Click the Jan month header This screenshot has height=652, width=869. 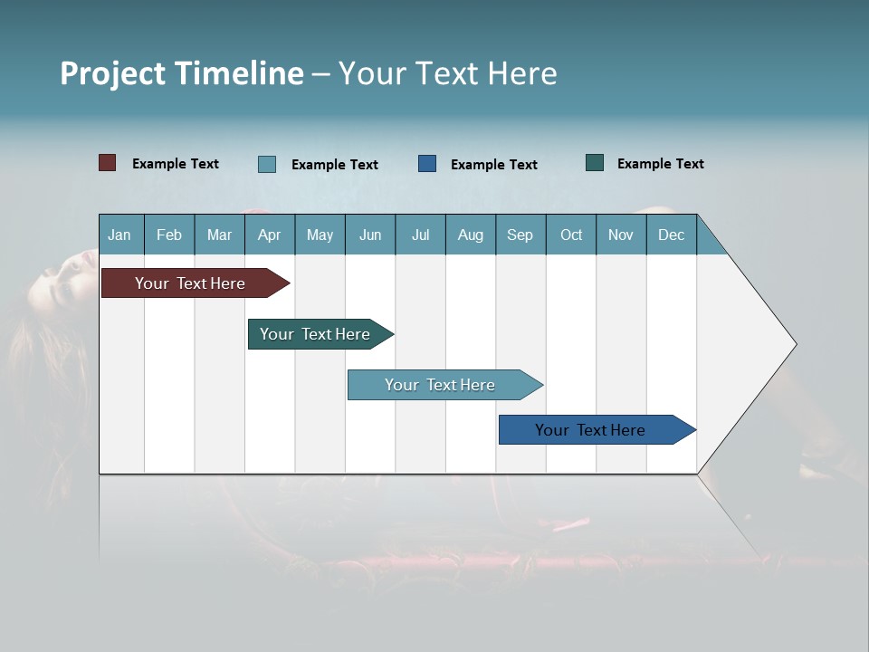pos(119,235)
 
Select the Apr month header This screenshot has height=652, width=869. pos(269,235)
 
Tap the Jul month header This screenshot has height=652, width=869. pos(420,235)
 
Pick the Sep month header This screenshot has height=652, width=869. pos(520,235)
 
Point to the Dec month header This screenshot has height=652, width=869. pos(671,235)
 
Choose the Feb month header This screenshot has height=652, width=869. pos(169,235)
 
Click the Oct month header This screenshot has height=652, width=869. pos(571,235)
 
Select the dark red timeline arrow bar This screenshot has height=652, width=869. pos(190,283)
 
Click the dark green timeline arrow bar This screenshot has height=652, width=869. pos(315,334)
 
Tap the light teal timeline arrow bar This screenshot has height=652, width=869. pos(440,385)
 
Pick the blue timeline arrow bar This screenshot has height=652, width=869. pos(590,430)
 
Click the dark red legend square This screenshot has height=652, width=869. pos(107,163)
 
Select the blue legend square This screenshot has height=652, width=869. pos(427,163)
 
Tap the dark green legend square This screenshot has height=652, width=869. pos(595,163)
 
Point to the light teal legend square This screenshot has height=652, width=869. pos(267,164)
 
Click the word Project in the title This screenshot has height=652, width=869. pos(112,73)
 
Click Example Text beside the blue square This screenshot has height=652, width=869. pos(493,164)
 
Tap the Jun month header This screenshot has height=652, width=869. pos(370,235)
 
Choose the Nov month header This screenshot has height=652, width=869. pos(620,235)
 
